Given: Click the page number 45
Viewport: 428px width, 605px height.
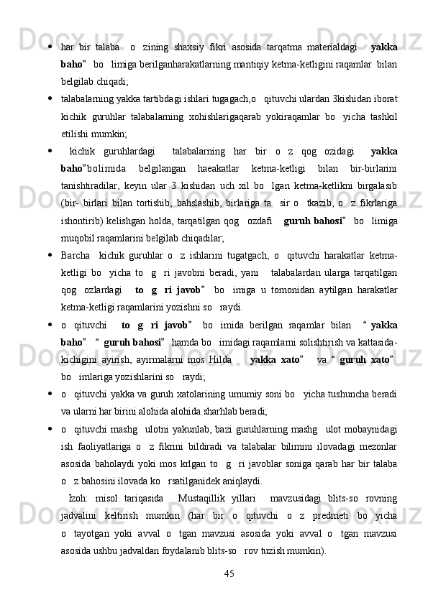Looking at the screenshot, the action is (229, 573).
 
